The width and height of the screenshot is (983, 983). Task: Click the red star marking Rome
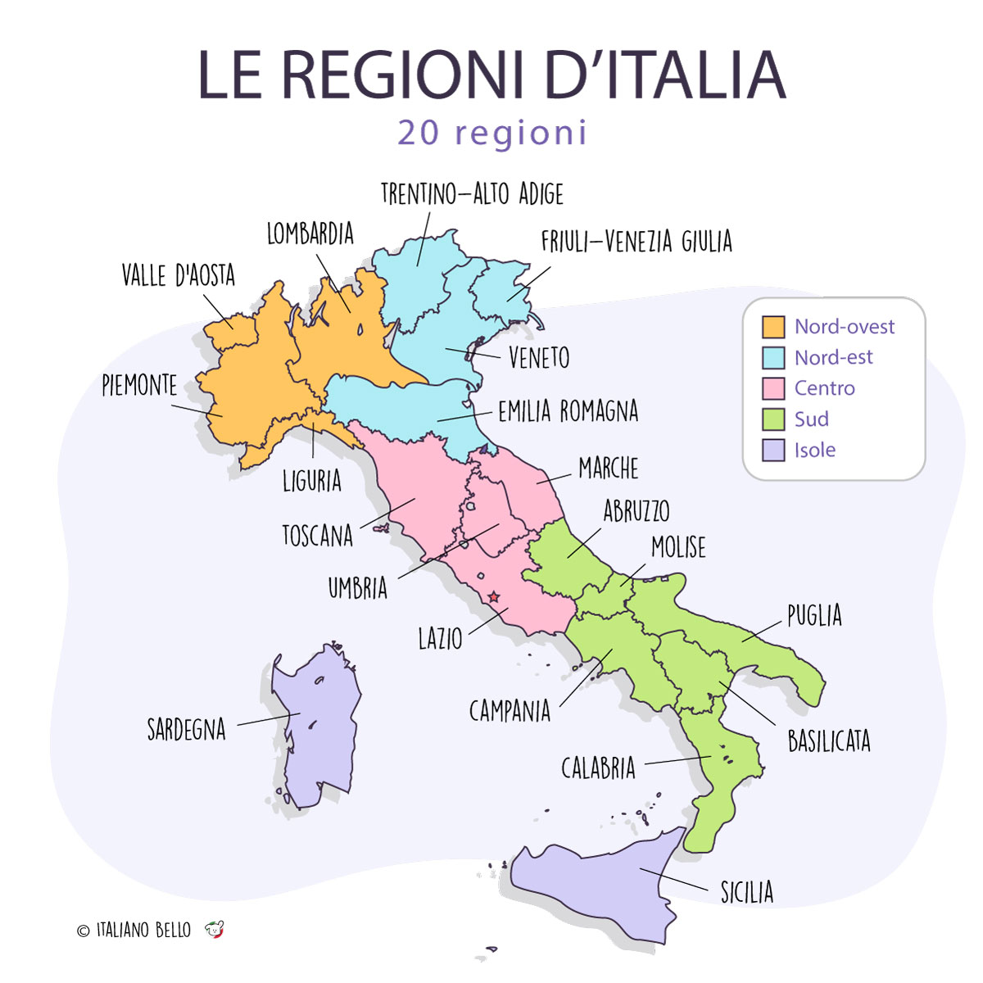tap(493, 598)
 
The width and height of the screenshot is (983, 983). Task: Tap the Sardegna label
tap(186, 729)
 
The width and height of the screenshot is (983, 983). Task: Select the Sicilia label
tap(746, 892)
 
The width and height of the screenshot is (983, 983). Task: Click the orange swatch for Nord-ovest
tap(773, 327)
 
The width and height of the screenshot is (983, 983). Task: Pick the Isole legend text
tap(814, 450)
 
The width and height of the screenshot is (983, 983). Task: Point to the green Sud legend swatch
tap(773, 419)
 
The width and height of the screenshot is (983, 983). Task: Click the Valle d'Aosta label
tap(178, 275)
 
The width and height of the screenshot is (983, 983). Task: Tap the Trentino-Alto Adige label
tap(472, 194)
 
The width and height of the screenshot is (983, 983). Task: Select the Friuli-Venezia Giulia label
tap(636, 242)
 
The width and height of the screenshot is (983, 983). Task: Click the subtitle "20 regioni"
tap(492, 133)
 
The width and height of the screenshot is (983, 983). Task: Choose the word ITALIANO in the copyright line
tap(122, 930)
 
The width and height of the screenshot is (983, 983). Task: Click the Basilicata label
tap(828, 741)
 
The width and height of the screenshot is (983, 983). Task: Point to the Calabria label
tap(598, 768)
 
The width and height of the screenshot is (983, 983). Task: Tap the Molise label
tap(677, 547)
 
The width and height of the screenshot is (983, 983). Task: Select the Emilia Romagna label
tap(568, 411)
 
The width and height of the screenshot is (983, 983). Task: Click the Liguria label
tap(311, 481)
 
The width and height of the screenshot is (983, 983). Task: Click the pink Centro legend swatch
tap(773, 388)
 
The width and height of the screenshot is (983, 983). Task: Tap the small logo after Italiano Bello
tap(215, 930)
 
